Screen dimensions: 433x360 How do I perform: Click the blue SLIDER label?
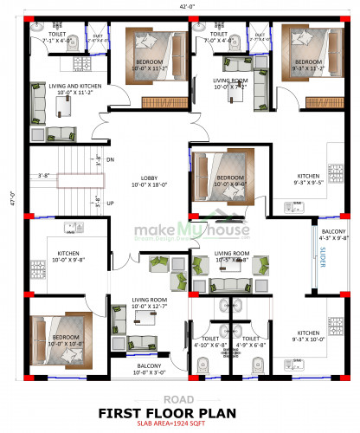point(323,258)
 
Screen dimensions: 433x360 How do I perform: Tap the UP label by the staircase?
point(111,203)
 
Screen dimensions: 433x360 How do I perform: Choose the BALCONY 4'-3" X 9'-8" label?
point(333,236)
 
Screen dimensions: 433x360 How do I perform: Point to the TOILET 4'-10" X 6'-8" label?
point(211,342)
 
